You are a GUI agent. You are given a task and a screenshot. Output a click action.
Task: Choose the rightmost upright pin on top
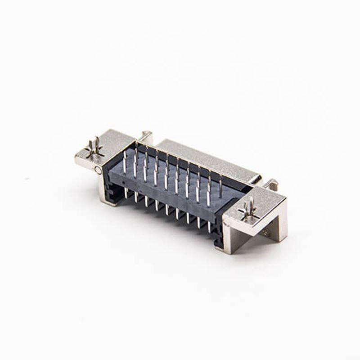pos(220,189)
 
